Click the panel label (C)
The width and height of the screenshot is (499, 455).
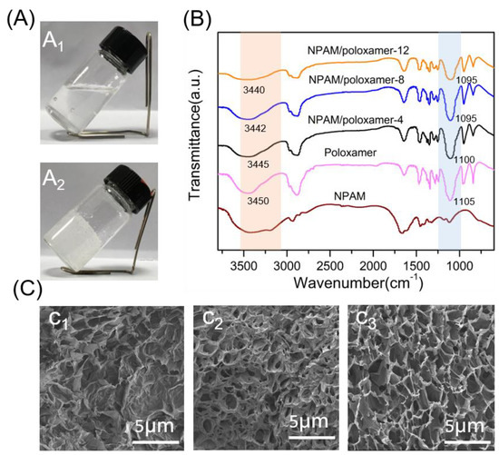[19, 289]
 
